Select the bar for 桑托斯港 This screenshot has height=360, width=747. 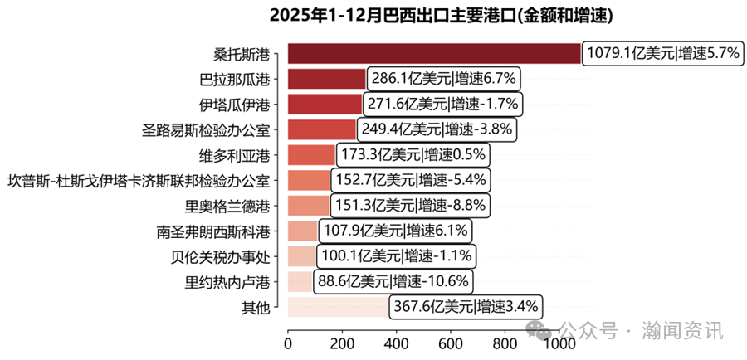tap(434, 53)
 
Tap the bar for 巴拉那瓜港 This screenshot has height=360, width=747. tap(326, 79)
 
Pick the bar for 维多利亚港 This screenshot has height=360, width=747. tap(311, 154)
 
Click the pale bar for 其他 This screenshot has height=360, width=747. tap(337, 307)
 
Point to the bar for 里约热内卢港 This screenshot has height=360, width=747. tap(300, 281)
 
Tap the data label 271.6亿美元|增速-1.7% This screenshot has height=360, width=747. tap(442, 104)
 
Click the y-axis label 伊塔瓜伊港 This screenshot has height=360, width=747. tap(234, 105)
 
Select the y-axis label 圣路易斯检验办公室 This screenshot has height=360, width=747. tap(206, 129)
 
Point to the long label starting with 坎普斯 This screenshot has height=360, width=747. tap(138, 180)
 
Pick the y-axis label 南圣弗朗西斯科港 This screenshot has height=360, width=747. tap(212, 231)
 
